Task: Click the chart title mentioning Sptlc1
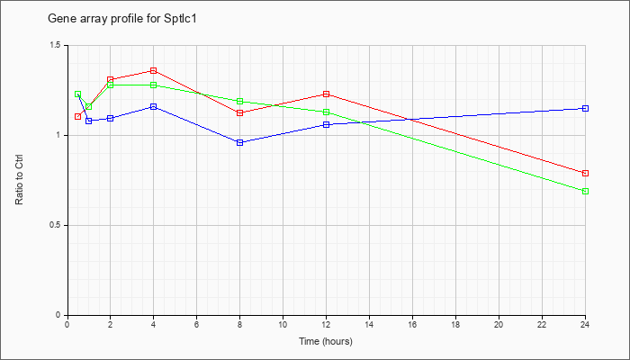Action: (x=122, y=19)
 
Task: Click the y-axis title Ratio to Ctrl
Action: (x=19, y=179)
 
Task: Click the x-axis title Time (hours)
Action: (x=326, y=341)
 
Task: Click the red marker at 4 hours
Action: (x=154, y=71)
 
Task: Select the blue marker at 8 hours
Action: (x=240, y=142)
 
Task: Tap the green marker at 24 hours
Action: (x=585, y=191)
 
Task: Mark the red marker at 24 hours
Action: (x=585, y=173)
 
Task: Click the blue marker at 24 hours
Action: (x=585, y=109)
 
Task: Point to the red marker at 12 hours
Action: (x=326, y=94)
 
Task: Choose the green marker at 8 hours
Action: (x=240, y=101)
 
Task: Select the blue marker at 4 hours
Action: (x=154, y=106)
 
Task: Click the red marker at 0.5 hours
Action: (x=78, y=116)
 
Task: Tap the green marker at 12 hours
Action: (x=326, y=112)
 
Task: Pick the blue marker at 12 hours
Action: (x=326, y=124)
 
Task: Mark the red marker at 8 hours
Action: (x=240, y=112)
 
